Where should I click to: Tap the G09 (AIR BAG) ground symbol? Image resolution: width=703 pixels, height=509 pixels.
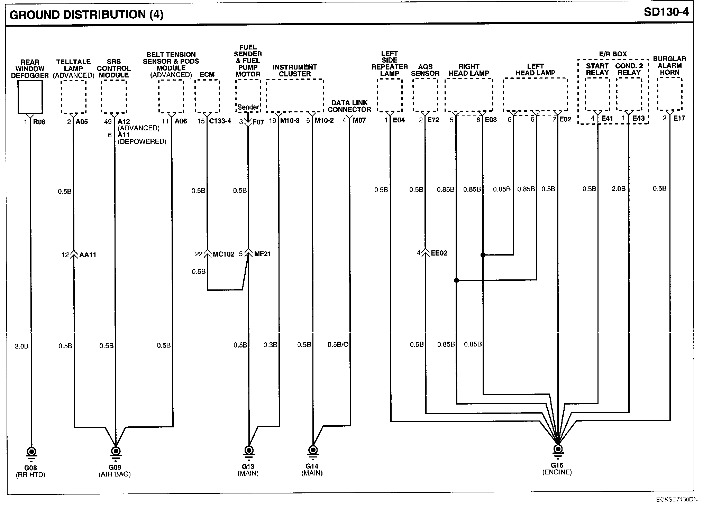(115, 452)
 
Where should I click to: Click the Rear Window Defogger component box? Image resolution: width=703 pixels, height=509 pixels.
(30, 97)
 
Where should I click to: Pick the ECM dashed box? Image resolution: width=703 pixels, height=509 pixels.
(207, 96)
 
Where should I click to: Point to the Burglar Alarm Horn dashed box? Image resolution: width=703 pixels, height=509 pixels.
(669, 94)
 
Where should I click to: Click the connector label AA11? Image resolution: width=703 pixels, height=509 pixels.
(88, 255)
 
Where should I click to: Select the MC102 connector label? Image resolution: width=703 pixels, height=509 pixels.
(223, 254)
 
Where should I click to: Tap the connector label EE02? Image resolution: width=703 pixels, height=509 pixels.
(439, 253)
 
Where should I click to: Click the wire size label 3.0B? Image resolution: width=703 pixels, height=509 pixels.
(21, 346)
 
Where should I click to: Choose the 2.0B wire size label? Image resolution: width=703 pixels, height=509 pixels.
(618, 189)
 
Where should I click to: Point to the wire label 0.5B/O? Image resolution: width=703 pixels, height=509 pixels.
(338, 345)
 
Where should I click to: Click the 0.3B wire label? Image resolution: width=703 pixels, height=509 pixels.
(270, 345)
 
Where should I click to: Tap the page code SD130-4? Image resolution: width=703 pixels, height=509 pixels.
(666, 12)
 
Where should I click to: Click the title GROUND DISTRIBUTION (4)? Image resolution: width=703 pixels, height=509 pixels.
(86, 15)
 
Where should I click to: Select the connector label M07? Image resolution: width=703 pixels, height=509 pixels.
(359, 120)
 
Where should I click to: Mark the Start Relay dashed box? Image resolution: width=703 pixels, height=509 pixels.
(597, 94)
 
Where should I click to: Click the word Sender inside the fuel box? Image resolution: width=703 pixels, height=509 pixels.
(248, 107)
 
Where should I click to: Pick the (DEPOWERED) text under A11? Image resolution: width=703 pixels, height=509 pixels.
(142, 141)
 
